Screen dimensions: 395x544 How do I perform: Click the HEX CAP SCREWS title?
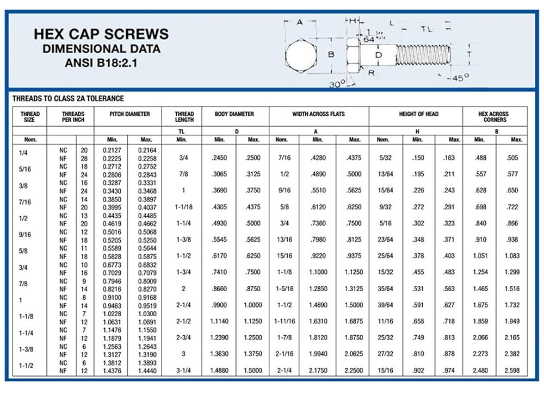click(x=101, y=34)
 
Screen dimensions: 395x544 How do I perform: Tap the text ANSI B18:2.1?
click(x=101, y=62)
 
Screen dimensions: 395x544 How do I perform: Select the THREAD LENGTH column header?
click(x=184, y=117)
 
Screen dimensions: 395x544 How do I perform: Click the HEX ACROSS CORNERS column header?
click(x=494, y=117)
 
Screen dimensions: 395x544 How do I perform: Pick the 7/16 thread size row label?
click(x=25, y=202)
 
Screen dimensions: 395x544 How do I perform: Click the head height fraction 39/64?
click(x=385, y=305)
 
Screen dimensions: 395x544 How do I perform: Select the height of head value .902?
click(x=418, y=371)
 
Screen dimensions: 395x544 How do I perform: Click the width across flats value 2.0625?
click(x=354, y=354)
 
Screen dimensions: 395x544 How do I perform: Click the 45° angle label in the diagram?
click(x=461, y=78)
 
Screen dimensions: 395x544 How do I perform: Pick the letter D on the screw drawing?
click(x=379, y=54)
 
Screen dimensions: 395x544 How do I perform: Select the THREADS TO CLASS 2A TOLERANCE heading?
click(x=68, y=98)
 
